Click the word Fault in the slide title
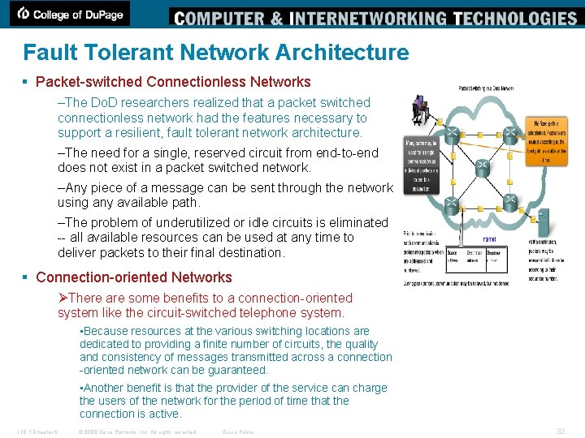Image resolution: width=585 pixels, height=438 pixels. click(44, 53)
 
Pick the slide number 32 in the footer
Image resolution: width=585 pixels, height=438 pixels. click(560, 431)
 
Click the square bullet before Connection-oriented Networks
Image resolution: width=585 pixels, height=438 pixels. click(28, 277)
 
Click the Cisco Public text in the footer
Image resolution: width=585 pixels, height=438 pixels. click(238, 432)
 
